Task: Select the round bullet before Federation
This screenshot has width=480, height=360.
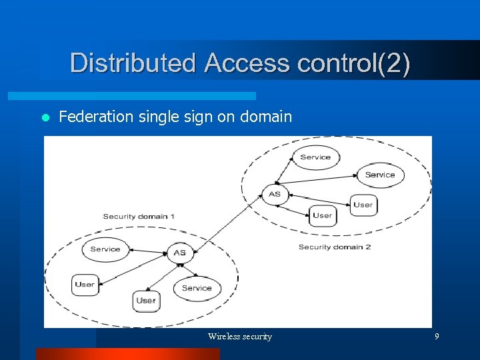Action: [x=45, y=118]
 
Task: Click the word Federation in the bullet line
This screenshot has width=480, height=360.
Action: [x=97, y=117]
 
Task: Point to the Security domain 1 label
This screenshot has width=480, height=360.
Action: [x=139, y=216]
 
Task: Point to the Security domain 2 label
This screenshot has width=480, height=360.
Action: [x=334, y=247]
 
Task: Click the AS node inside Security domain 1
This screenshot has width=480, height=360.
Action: [x=179, y=253]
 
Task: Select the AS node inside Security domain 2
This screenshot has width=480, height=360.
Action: [x=275, y=194]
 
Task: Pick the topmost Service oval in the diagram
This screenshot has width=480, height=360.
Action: [x=315, y=157]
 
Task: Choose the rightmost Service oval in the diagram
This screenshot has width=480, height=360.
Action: [x=380, y=175]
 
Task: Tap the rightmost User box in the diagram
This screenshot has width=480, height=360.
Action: [x=363, y=205]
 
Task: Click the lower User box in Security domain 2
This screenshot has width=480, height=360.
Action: [x=322, y=215]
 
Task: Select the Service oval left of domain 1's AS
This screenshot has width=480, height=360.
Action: [x=105, y=249]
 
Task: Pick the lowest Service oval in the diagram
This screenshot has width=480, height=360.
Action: [x=197, y=288]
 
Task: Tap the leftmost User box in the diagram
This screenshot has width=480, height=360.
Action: [x=85, y=285]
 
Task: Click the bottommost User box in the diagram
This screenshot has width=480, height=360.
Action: [x=145, y=301]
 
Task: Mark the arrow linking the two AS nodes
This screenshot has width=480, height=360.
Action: [x=227, y=224]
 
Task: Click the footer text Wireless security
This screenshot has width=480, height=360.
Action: [x=240, y=337]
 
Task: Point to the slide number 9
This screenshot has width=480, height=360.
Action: [x=437, y=337]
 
